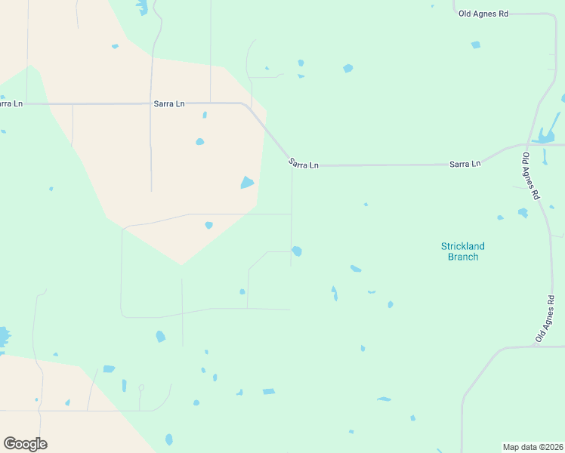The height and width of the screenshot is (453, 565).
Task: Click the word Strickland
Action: (462, 246)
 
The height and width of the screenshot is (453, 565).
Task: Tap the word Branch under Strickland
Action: (462, 257)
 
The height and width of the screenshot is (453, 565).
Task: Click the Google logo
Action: (25, 444)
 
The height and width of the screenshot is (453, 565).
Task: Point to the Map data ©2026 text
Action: (533, 446)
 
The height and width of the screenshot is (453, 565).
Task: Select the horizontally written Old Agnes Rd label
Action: (483, 14)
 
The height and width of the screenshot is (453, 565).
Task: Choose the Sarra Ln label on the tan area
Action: (169, 103)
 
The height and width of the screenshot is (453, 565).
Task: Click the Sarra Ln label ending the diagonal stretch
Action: (303, 164)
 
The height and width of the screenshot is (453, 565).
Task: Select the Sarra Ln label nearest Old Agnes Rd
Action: (465, 163)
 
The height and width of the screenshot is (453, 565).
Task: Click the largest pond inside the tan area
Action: (247, 183)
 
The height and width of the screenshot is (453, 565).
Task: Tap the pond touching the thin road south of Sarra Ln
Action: (297, 251)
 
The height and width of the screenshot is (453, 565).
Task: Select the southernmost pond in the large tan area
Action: (208, 225)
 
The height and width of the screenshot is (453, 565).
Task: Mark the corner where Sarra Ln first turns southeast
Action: (243, 104)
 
